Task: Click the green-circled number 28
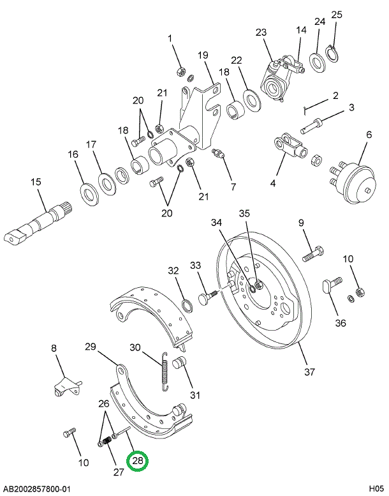(138, 461)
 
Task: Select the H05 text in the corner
(374, 489)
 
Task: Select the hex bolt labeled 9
(312, 254)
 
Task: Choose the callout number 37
(309, 372)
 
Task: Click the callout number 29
(91, 347)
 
